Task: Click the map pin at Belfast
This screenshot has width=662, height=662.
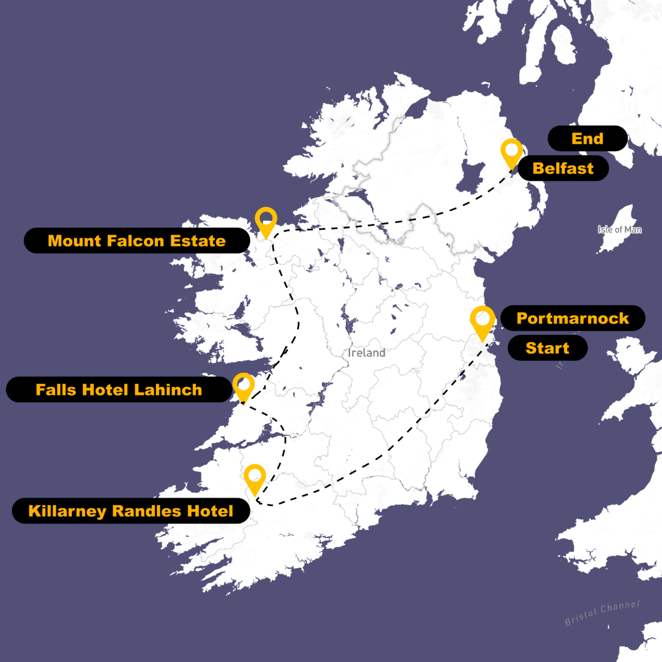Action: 511,152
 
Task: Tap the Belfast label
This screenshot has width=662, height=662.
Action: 563,168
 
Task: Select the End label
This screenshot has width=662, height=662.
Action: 587,138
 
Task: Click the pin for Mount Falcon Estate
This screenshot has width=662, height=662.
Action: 266,220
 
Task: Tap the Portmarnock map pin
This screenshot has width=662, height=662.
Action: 483,321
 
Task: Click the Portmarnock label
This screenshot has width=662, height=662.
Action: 572,318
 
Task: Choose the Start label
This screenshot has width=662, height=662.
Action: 547,348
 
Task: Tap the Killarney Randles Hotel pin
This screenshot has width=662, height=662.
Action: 254,477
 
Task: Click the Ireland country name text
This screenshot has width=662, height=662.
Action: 366,353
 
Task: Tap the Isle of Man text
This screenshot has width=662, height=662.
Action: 620,229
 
